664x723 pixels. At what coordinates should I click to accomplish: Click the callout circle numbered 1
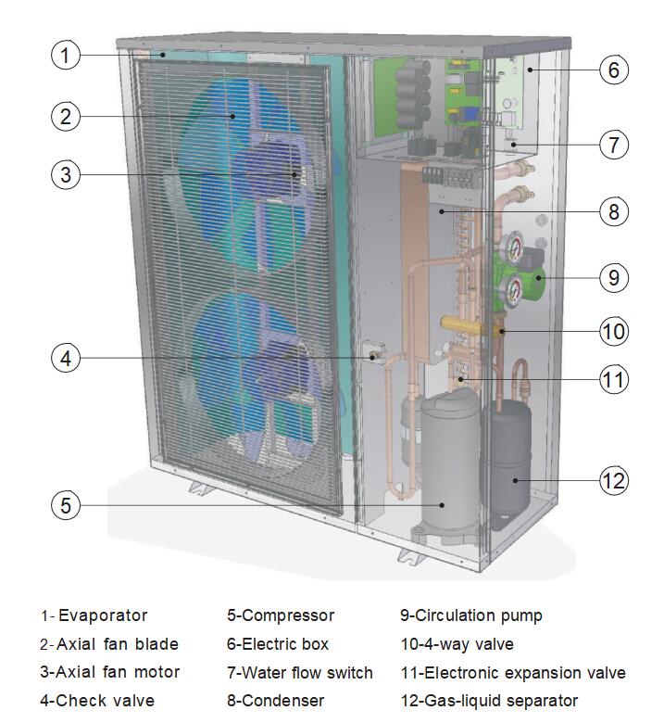[65, 55]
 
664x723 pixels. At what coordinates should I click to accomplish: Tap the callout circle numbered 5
[65, 505]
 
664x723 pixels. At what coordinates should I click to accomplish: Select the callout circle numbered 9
[613, 277]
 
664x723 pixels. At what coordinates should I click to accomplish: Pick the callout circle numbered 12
[613, 480]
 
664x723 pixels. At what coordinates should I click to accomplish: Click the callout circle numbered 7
[613, 145]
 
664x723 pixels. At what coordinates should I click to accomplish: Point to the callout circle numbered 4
[65, 359]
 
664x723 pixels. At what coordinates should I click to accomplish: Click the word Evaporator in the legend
[103, 615]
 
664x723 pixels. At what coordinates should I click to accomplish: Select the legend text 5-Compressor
[281, 615]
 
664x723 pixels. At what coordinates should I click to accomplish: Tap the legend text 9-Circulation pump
[471, 615]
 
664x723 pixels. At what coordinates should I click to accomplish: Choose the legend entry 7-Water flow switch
[300, 673]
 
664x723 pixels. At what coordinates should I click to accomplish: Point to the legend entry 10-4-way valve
[457, 644]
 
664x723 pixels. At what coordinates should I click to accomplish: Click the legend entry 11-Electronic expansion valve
[513, 673]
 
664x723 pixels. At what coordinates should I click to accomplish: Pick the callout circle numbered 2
[65, 117]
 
